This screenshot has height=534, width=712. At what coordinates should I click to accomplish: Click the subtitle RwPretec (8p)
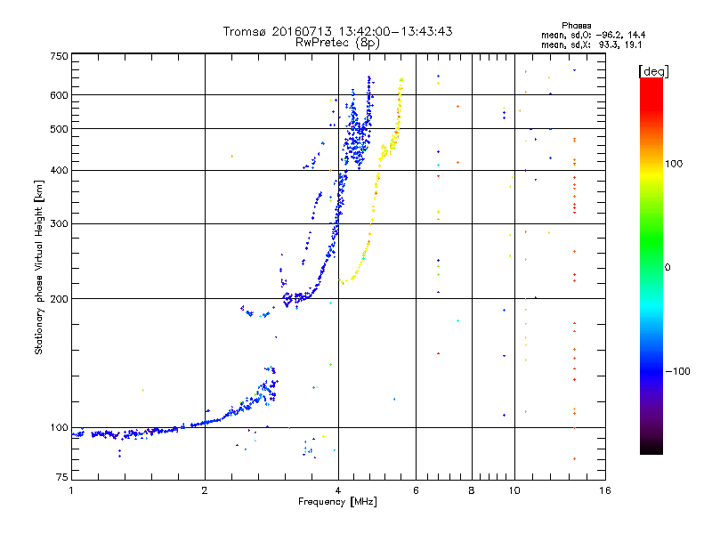[x=337, y=43]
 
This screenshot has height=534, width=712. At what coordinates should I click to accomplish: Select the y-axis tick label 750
[x=60, y=56]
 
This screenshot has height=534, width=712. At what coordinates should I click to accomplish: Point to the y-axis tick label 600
[x=60, y=95]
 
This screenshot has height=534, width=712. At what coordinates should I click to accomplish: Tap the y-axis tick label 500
[x=60, y=129]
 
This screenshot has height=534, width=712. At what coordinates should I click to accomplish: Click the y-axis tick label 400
[x=60, y=170]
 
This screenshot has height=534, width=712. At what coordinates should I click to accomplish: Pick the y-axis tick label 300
[x=60, y=223]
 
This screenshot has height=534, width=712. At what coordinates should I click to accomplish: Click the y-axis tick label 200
[x=60, y=299]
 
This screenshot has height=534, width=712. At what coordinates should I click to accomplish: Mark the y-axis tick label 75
[x=62, y=477]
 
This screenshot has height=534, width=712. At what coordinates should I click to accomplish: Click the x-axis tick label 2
[x=205, y=490]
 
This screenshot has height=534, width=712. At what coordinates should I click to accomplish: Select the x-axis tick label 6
[x=416, y=490]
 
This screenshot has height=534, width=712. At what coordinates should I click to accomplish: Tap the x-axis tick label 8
[x=472, y=490]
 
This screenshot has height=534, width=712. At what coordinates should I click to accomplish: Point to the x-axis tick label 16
[x=605, y=490]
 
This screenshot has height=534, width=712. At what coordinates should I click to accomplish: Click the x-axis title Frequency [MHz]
[x=337, y=502]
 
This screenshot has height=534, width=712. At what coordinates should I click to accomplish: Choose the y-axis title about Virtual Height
[x=39, y=268]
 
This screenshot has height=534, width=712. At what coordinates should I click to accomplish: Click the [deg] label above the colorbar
[x=653, y=71]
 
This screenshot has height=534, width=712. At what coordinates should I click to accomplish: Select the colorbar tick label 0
[x=667, y=268]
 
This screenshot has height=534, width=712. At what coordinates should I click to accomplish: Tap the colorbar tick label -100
[x=677, y=371]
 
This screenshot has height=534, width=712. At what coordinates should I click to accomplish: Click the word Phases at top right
[x=576, y=26]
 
